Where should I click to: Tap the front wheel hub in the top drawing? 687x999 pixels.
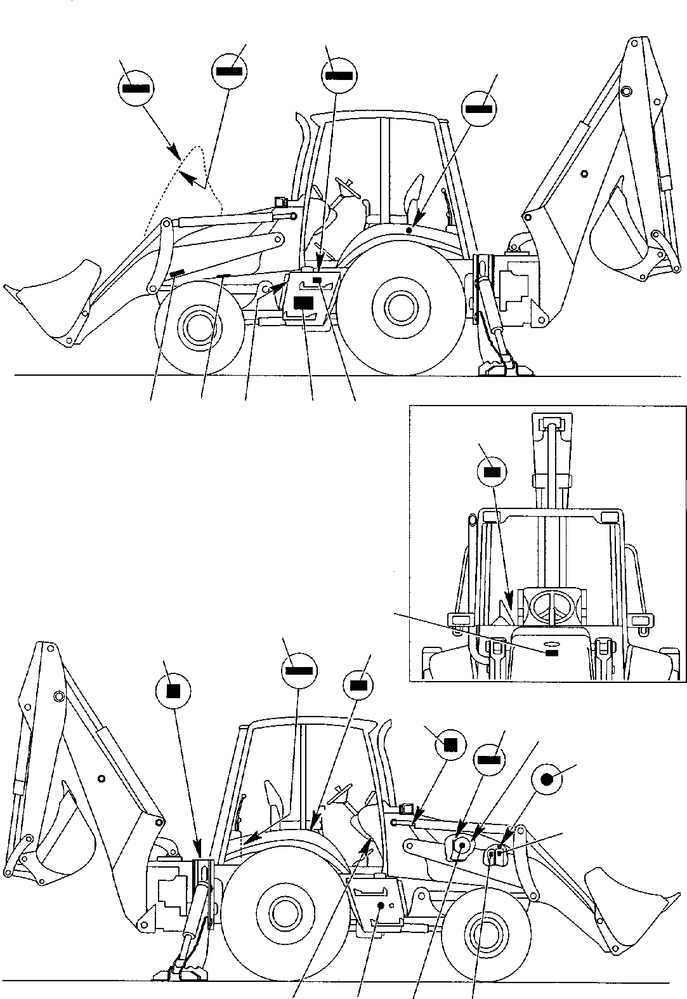pos(199,328)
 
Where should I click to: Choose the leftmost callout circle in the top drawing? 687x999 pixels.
pos(136,89)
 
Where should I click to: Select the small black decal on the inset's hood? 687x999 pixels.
pos(551,652)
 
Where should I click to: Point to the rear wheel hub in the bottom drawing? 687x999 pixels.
pos(281,918)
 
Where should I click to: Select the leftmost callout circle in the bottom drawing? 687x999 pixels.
pos(171,690)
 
